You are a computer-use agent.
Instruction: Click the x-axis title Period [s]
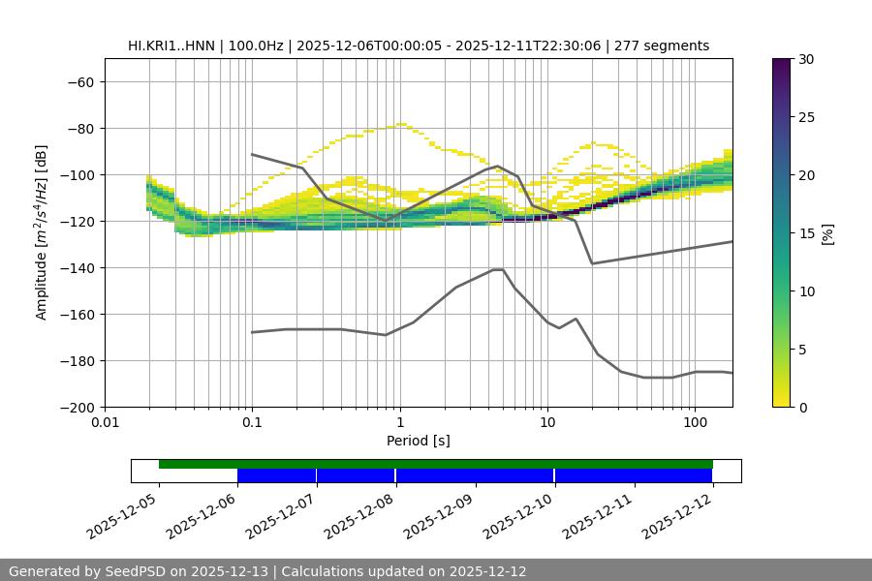(418, 441)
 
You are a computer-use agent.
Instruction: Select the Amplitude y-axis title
(42, 232)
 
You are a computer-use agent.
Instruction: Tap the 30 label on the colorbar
(806, 59)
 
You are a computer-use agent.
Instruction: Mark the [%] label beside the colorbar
(827, 232)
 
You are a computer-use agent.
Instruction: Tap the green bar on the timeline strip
(436, 464)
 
